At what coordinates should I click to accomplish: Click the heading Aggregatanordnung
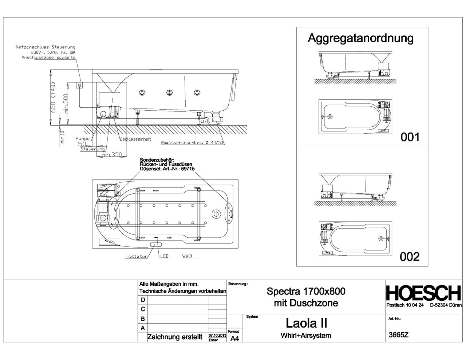tap(360, 38)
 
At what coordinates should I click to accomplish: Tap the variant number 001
tap(410, 137)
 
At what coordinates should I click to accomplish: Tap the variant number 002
tap(410, 257)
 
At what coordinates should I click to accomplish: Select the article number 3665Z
tap(399, 335)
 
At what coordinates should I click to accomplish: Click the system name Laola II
tap(306, 323)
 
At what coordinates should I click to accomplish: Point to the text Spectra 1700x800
tap(306, 291)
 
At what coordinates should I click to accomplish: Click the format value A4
tap(234, 339)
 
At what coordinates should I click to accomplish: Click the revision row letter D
tap(143, 300)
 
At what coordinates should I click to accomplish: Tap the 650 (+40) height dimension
tap(54, 98)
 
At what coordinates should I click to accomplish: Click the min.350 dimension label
tap(111, 155)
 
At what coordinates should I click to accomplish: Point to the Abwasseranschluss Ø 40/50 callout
tap(192, 143)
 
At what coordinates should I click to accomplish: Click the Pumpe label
tap(82, 139)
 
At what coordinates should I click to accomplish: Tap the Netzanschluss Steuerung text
tap(46, 47)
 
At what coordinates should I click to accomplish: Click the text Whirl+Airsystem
tap(306, 336)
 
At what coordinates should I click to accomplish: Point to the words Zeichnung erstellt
tap(174, 337)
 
